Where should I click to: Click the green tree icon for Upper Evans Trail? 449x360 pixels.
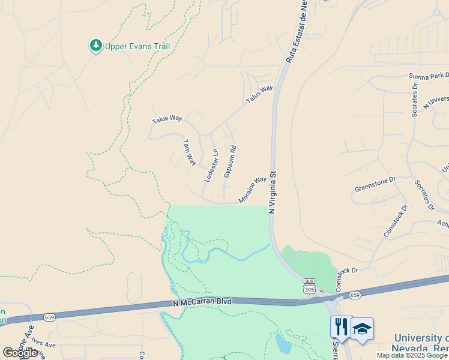[x=95, y=46]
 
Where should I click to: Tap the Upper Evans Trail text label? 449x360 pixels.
[x=137, y=46]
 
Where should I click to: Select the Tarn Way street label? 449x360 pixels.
[x=189, y=152]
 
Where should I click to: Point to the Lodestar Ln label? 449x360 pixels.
[x=209, y=166]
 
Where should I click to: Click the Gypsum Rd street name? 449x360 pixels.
[x=229, y=161]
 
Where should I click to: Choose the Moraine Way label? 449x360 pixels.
[x=253, y=190]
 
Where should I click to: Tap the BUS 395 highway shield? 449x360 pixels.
[x=309, y=286]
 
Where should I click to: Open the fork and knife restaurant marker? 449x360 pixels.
[x=340, y=328]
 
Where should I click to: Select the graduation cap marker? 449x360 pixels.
[x=363, y=329]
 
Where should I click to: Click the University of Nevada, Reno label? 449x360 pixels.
[x=421, y=343]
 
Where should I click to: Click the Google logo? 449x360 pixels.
[x=20, y=353]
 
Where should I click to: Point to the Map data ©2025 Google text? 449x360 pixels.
[x=412, y=355]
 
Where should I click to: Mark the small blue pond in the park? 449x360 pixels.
[x=282, y=344]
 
